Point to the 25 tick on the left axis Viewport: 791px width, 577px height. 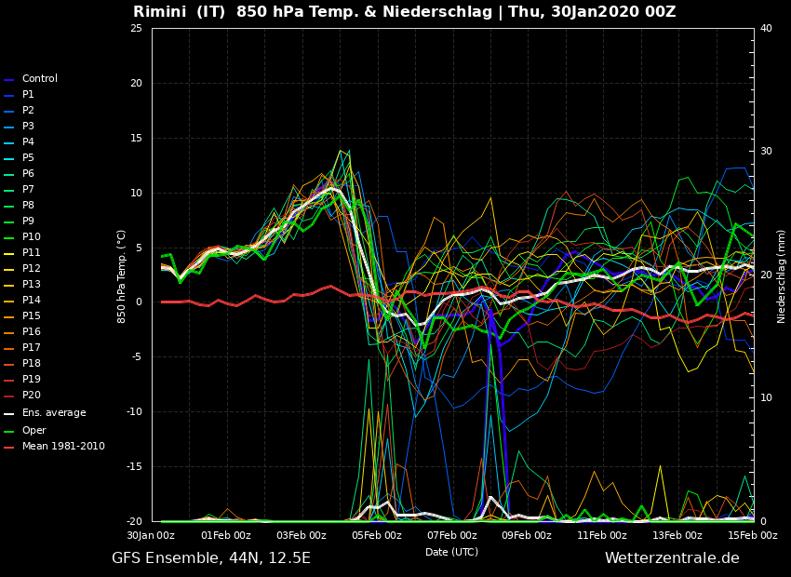click(x=136, y=28)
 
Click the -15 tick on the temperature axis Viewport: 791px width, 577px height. click(x=134, y=466)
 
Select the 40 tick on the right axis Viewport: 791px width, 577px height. click(x=766, y=28)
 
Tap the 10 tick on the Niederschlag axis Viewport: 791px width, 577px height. click(x=766, y=397)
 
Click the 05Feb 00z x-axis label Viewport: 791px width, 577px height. click(x=377, y=535)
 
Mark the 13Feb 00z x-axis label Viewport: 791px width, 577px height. click(x=677, y=535)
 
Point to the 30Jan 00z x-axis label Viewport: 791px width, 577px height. click(x=151, y=535)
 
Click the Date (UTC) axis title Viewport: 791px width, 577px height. click(x=451, y=552)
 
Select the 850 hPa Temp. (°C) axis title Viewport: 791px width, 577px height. click(x=121, y=276)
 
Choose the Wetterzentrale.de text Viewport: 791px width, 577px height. click(x=672, y=557)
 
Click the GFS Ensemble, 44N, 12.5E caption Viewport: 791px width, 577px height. click(x=211, y=558)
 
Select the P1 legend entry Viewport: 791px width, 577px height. click(x=28, y=94)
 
